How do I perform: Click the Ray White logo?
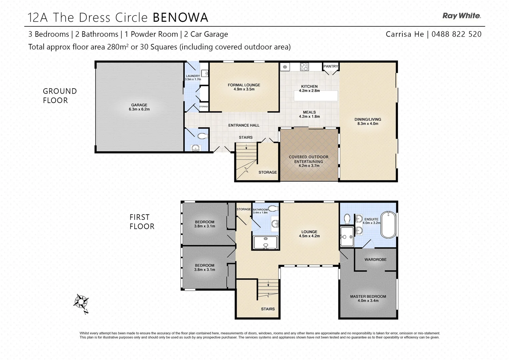coord(461,16)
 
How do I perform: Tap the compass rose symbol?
coord(81,302)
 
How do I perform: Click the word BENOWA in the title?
coord(180,17)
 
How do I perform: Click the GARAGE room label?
coord(139,105)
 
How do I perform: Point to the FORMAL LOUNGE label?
coord(244,85)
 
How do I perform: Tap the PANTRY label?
coord(331,66)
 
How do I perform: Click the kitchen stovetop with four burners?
coord(304,67)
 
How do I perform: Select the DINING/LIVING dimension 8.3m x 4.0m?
coord(368,124)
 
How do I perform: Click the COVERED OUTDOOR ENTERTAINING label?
coord(309,159)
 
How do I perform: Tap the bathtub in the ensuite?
coord(388,225)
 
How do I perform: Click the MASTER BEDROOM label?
coord(368,296)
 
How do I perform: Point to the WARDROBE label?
coord(375,259)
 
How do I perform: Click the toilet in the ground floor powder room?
coord(202,136)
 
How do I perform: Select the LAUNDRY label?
coord(193,76)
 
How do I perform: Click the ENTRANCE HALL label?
coord(244,125)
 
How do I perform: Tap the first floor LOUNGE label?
coord(309,232)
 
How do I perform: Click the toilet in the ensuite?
coord(347,219)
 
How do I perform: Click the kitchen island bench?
coord(316,96)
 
